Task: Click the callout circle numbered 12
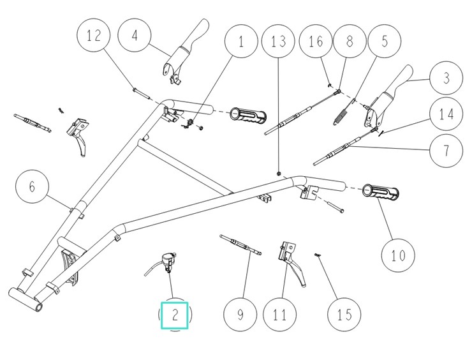pyautogui.click(x=94, y=36)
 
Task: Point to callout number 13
pyautogui.click(x=279, y=43)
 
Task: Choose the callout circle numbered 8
pyautogui.click(x=349, y=43)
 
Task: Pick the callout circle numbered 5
pyautogui.click(x=384, y=43)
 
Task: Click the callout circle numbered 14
pyautogui.click(x=446, y=115)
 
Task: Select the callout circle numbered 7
pyautogui.click(x=446, y=151)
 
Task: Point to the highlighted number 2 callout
pyautogui.click(x=175, y=314)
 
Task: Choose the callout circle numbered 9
pyautogui.click(x=240, y=315)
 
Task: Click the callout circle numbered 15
pyautogui.click(x=344, y=315)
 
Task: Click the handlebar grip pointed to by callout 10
pyautogui.click(x=380, y=193)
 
